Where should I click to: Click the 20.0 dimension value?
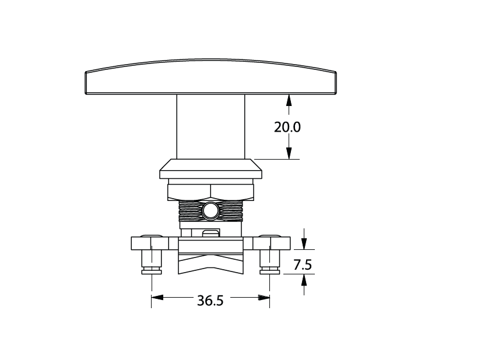coord(287,127)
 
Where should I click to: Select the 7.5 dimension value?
coord(303,264)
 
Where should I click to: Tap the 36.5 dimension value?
coord(210,301)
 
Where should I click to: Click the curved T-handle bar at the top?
coord(210,76)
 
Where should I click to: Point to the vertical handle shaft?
coord(210,126)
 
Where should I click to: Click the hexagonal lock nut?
coord(210,192)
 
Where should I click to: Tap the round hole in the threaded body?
coord(210,211)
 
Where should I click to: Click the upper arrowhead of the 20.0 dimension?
coord(289,100)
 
